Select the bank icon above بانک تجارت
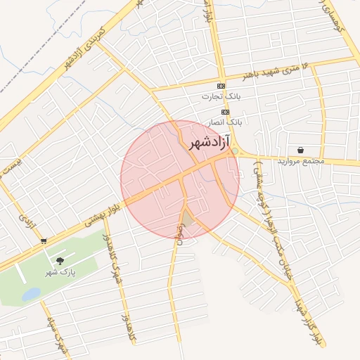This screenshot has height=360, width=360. [221, 86]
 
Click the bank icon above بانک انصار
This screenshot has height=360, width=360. [225, 112]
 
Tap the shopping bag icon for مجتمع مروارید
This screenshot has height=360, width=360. [301, 150]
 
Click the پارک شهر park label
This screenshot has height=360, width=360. [60, 271]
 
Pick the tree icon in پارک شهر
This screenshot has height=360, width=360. [60, 261]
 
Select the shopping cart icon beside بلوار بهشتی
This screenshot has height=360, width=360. [44, 241]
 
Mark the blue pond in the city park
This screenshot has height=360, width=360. [31, 294]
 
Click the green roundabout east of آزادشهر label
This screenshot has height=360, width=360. [235, 152]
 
